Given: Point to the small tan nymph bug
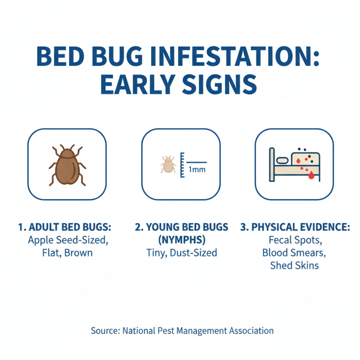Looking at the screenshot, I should [x=168, y=165].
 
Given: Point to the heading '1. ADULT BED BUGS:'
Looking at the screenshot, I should [x=64, y=227].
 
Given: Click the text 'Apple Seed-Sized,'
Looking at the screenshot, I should [x=67, y=240].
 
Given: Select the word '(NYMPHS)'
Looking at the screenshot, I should [x=181, y=240].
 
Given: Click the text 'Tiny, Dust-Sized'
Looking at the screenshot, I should [x=181, y=252].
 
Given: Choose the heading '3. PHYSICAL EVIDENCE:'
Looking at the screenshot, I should [x=295, y=227].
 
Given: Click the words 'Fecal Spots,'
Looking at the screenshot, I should [x=294, y=240].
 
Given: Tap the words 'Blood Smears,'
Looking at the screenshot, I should [x=294, y=252].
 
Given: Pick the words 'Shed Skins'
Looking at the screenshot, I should [x=294, y=265].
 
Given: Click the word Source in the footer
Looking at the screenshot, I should [x=105, y=331].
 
